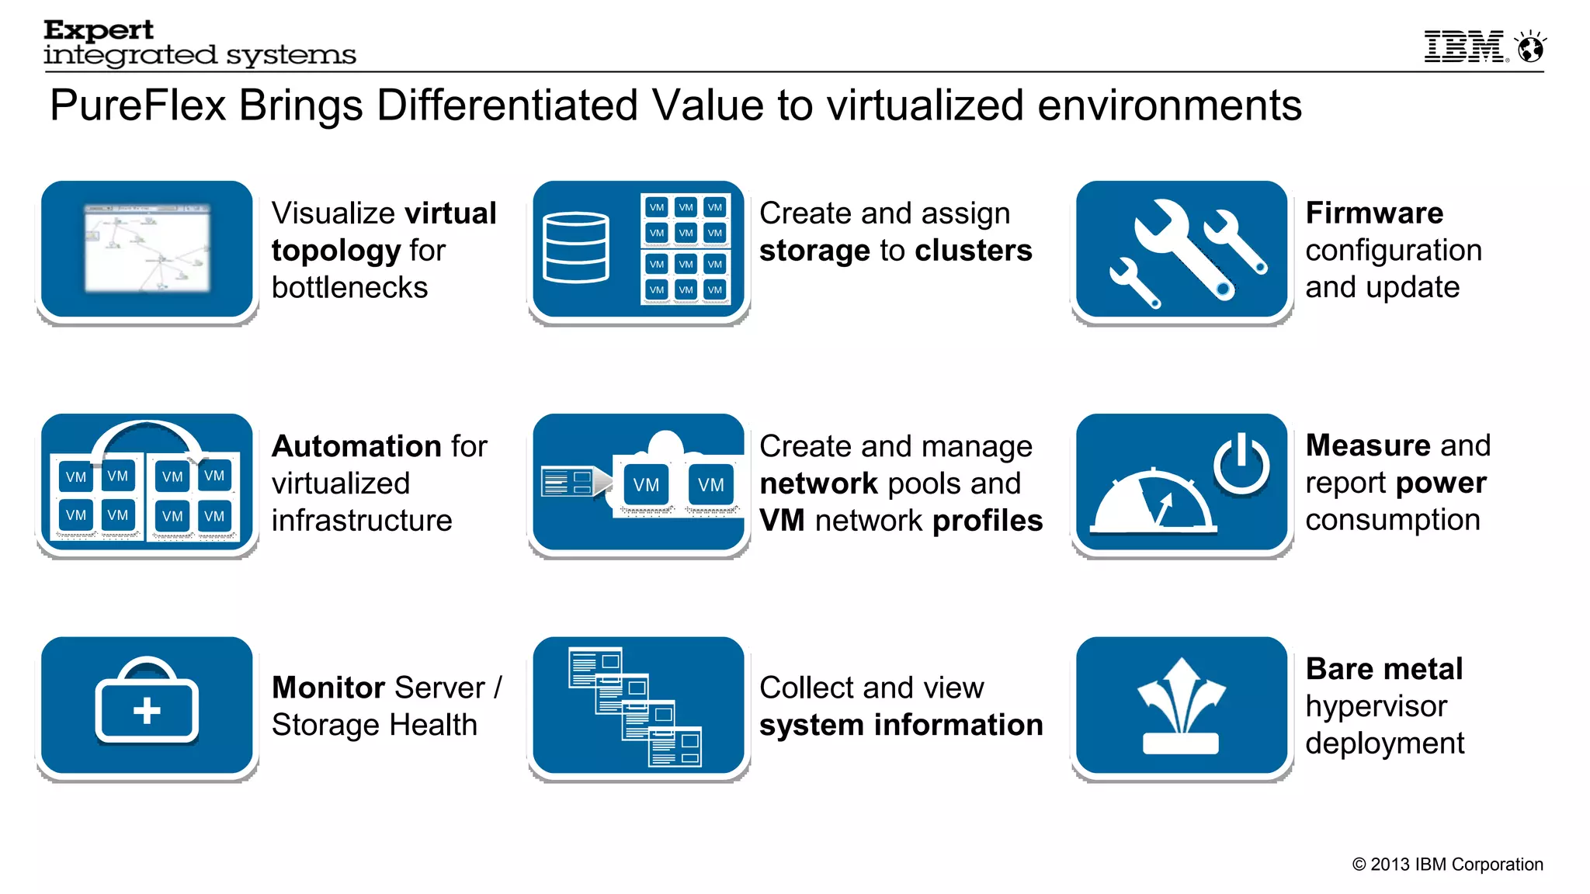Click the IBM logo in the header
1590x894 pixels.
pyautogui.click(x=1464, y=47)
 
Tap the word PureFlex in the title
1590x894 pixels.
pyautogui.click(x=138, y=106)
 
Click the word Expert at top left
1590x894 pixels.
pyautogui.click(x=99, y=30)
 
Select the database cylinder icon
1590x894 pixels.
pyautogui.click(x=575, y=248)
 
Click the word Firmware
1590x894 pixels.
pyautogui.click(x=1374, y=213)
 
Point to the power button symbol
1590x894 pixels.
pyautogui.click(x=1241, y=464)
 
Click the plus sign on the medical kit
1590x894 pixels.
pyautogui.click(x=147, y=710)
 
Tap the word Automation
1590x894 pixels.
pyautogui.click(x=356, y=446)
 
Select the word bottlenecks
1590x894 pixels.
pyautogui.click(x=349, y=288)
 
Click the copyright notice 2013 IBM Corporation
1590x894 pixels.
pyautogui.click(x=1447, y=865)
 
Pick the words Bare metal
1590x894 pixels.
pyautogui.click(x=1383, y=669)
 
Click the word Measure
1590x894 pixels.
pyautogui.click(x=1368, y=445)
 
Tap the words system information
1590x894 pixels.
pyautogui.click(x=901, y=725)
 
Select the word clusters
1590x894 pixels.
pyautogui.click(x=974, y=251)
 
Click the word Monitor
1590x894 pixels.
pyautogui.click(x=328, y=688)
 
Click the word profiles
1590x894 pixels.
pyautogui.click(x=988, y=521)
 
